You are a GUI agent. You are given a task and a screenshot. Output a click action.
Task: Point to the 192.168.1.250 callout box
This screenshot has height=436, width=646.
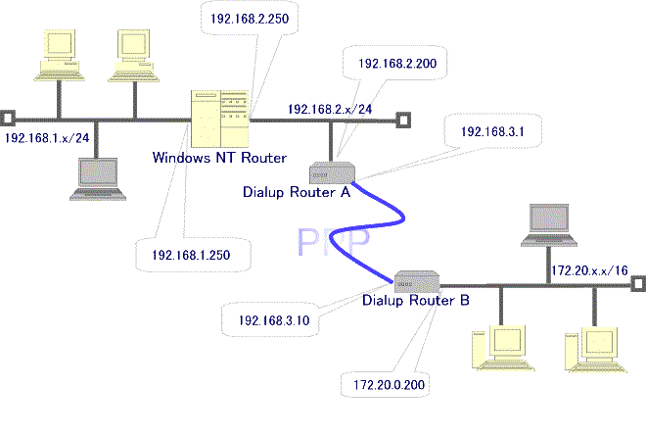191,255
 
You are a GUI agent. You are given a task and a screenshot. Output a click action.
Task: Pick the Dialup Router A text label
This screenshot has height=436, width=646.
297,192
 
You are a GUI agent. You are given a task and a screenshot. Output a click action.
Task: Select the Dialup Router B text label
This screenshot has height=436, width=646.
415,300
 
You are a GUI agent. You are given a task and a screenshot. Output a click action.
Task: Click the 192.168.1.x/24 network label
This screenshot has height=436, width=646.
48,139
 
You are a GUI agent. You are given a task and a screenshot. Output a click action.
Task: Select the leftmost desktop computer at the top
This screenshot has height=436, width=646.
56,55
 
